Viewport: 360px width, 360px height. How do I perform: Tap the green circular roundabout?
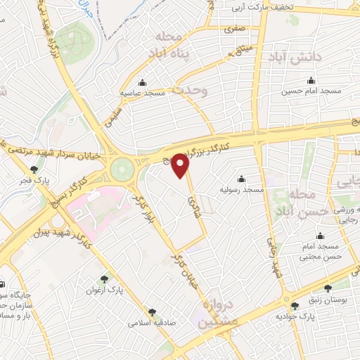122,169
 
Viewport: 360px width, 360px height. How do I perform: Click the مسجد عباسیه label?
143,92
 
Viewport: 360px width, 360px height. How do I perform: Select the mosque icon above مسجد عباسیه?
143,82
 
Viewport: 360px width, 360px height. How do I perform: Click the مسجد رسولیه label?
241,190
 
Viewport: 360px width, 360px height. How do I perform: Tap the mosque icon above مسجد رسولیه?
241,179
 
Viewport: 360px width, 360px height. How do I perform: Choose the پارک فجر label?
34,180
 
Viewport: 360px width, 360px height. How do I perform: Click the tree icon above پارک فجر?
34,169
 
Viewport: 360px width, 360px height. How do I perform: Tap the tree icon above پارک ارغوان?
105,279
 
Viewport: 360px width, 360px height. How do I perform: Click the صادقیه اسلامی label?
151,323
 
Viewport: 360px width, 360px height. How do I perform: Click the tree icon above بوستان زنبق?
327,288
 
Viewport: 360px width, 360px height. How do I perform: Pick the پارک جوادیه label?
293,317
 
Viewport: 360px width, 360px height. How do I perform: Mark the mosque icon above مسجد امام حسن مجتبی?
321,236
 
